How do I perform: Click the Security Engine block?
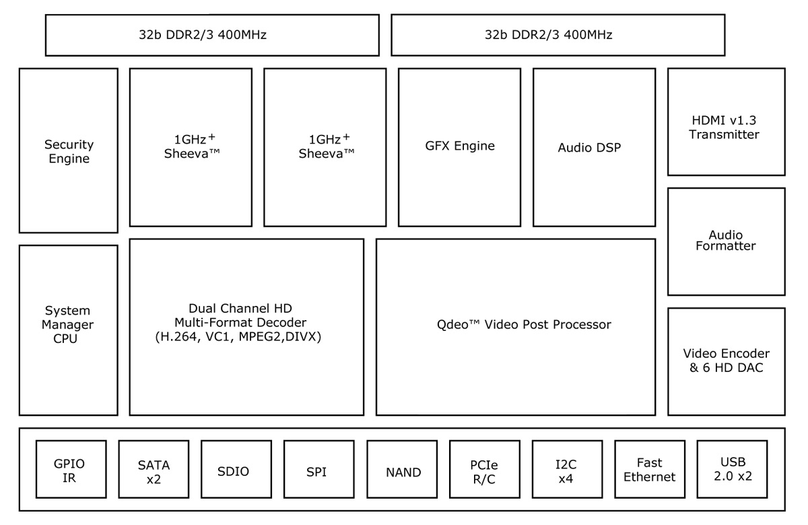69,151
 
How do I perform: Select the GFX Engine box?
459,147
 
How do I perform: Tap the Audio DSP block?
594,147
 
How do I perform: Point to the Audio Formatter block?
726,241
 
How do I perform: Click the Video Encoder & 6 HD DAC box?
726,361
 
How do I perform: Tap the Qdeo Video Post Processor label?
524,325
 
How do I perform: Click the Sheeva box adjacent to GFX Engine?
325,147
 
